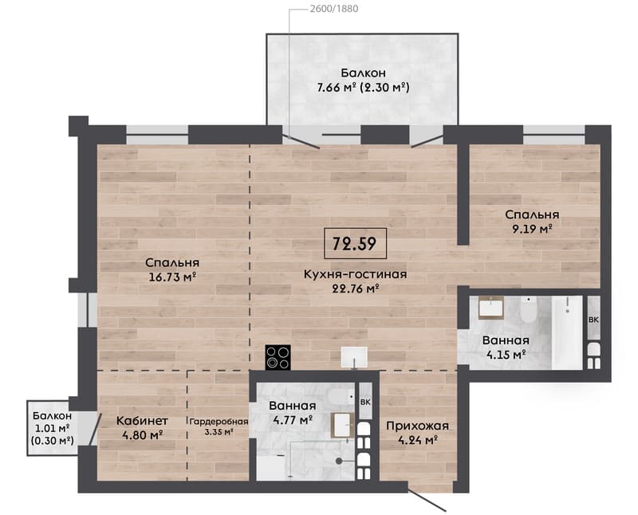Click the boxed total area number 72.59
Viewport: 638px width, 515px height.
tap(354, 243)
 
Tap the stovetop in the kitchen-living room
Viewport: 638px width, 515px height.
tap(278, 357)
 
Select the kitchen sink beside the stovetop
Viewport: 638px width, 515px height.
tap(354, 357)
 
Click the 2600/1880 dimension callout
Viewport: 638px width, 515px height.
tap(334, 9)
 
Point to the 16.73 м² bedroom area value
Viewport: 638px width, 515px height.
tap(172, 277)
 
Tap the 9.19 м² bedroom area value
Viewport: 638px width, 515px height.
tap(532, 229)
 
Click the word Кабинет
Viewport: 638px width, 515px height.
tap(142, 421)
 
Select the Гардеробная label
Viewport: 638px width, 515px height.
tap(219, 422)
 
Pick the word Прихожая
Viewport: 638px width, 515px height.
tap(417, 426)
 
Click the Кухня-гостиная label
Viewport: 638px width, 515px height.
tap(355, 274)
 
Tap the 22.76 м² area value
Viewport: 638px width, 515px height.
tap(356, 289)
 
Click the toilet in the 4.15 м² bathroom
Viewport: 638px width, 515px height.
tap(529, 310)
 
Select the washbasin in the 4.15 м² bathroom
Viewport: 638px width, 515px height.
tap(491, 308)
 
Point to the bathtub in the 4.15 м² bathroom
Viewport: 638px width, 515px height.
tap(567, 332)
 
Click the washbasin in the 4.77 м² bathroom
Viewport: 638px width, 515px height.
tap(342, 425)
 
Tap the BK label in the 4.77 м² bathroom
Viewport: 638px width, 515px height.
tap(365, 402)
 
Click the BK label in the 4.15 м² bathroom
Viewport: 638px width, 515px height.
tap(593, 320)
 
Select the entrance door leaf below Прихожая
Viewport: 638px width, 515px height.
tap(427, 500)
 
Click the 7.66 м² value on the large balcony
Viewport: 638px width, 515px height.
tap(337, 88)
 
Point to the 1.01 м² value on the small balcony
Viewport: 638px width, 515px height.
tap(52, 428)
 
